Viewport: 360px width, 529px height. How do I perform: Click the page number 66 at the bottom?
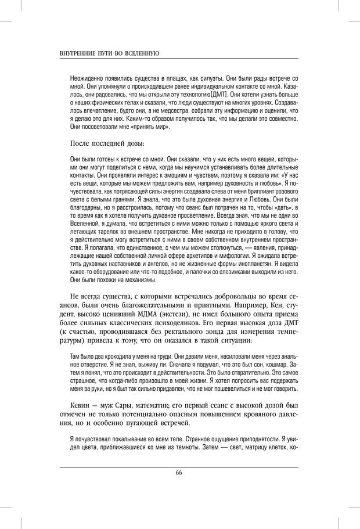(179, 472)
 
